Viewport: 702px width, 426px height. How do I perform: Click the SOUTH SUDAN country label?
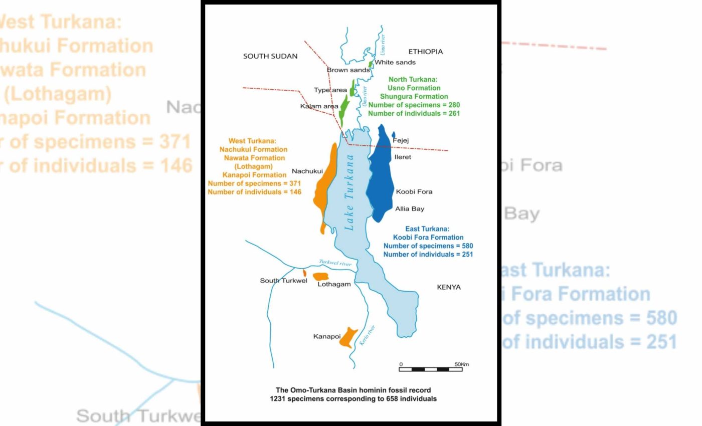[270, 56]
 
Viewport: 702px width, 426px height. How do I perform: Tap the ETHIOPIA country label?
[426, 52]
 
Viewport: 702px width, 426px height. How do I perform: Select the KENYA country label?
[449, 287]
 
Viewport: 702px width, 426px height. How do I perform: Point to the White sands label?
[396, 62]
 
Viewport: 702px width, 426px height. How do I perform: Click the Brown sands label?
[348, 70]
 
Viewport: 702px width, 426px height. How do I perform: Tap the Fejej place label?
[401, 140]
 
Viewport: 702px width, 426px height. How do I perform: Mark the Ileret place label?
[403, 157]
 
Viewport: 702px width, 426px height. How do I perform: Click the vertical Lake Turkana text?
[349, 192]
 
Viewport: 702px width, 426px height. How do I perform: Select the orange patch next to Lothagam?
[321, 277]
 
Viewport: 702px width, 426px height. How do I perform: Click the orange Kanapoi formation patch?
[347, 338]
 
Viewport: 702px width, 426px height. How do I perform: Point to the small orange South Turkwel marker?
[304, 272]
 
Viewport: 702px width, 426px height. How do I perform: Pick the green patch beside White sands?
[371, 64]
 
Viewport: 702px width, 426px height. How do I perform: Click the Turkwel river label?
[335, 263]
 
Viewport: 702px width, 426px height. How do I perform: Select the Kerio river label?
[368, 335]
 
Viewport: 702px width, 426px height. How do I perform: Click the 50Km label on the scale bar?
[462, 364]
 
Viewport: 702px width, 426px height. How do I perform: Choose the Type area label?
[330, 90]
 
